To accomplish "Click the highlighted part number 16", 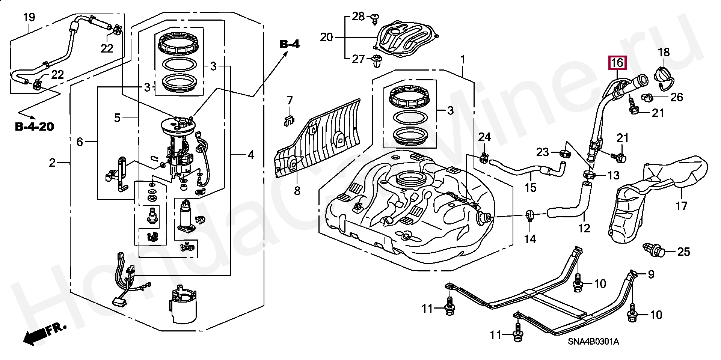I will coord(617,63).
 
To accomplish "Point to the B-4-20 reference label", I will coord(35,127).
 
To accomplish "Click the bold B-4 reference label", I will coord(290,44).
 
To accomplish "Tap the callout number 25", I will coord(683,252).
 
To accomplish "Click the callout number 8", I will coord(297,191).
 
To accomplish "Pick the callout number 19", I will coord(29,17).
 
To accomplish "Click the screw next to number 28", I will coord(374,18).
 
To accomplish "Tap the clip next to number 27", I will coord(376,61).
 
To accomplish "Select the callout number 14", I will coord(530,238).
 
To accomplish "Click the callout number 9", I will coord(651,274).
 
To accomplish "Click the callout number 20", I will coord(326,38).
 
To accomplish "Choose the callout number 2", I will coord(52,163).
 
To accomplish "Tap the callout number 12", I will coord(584,228).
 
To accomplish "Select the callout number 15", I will coord(531,187).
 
